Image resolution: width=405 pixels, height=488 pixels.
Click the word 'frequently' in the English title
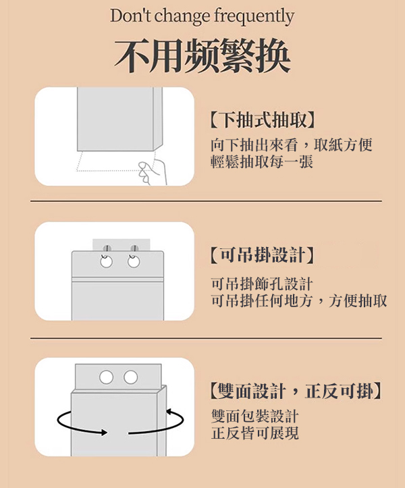tap(254, 17)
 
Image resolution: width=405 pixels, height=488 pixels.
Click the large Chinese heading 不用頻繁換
tap(202, 56)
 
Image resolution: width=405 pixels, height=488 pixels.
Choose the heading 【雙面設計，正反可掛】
tap(296, 391)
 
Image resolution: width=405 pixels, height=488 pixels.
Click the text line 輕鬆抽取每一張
tap(261, 162)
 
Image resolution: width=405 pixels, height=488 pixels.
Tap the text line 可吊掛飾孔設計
tap(261, 284)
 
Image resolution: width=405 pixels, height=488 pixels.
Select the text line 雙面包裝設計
tap(255, 416)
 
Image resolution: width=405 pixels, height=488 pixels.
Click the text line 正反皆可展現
tap(255, 433)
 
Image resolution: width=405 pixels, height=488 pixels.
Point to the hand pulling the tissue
tap(153, 172)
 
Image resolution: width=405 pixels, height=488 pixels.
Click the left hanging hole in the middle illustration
tap(107, 262)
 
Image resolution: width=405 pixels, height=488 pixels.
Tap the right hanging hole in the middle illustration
tap(134, 262)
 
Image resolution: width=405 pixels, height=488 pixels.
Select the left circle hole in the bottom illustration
tap(106, 377)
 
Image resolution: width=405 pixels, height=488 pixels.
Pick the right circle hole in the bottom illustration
tap(130, 377)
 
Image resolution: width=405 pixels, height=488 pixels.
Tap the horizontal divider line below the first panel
tap(206, 201)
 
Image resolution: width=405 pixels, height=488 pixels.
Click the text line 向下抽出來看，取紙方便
tap(292, 145)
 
